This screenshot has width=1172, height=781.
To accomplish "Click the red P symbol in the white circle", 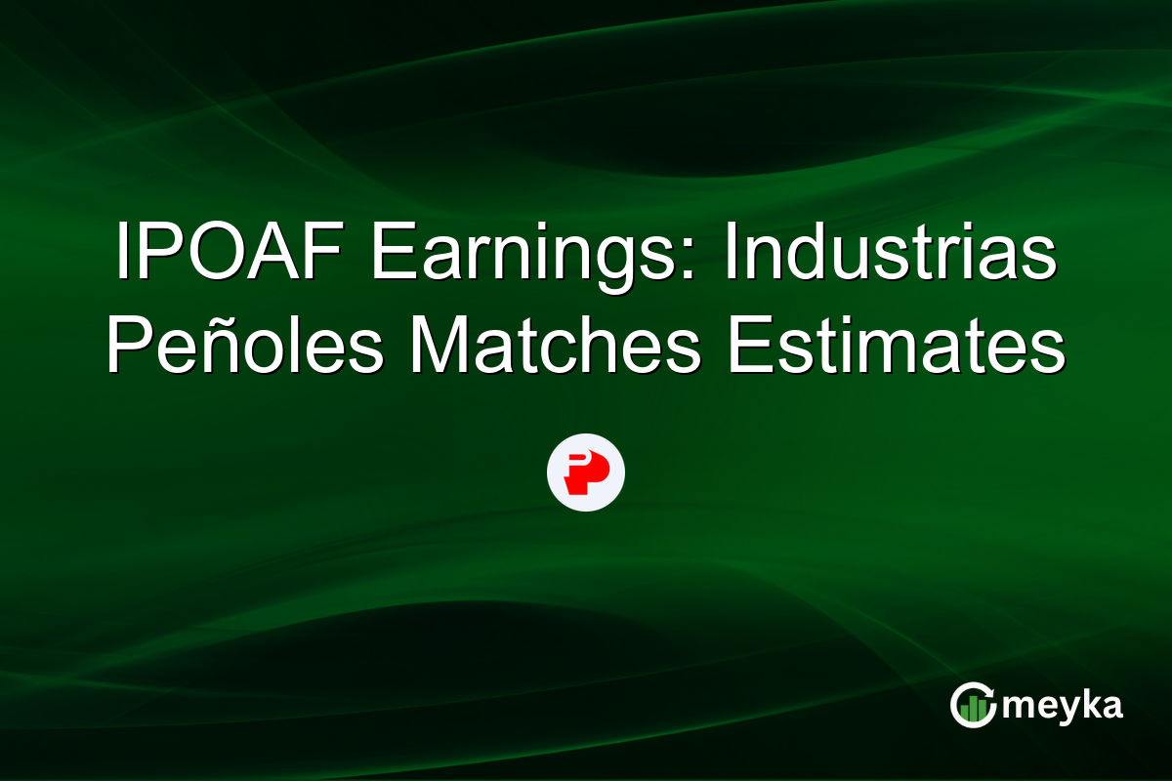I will point(585,472).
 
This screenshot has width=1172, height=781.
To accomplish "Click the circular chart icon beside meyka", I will point(974,705).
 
